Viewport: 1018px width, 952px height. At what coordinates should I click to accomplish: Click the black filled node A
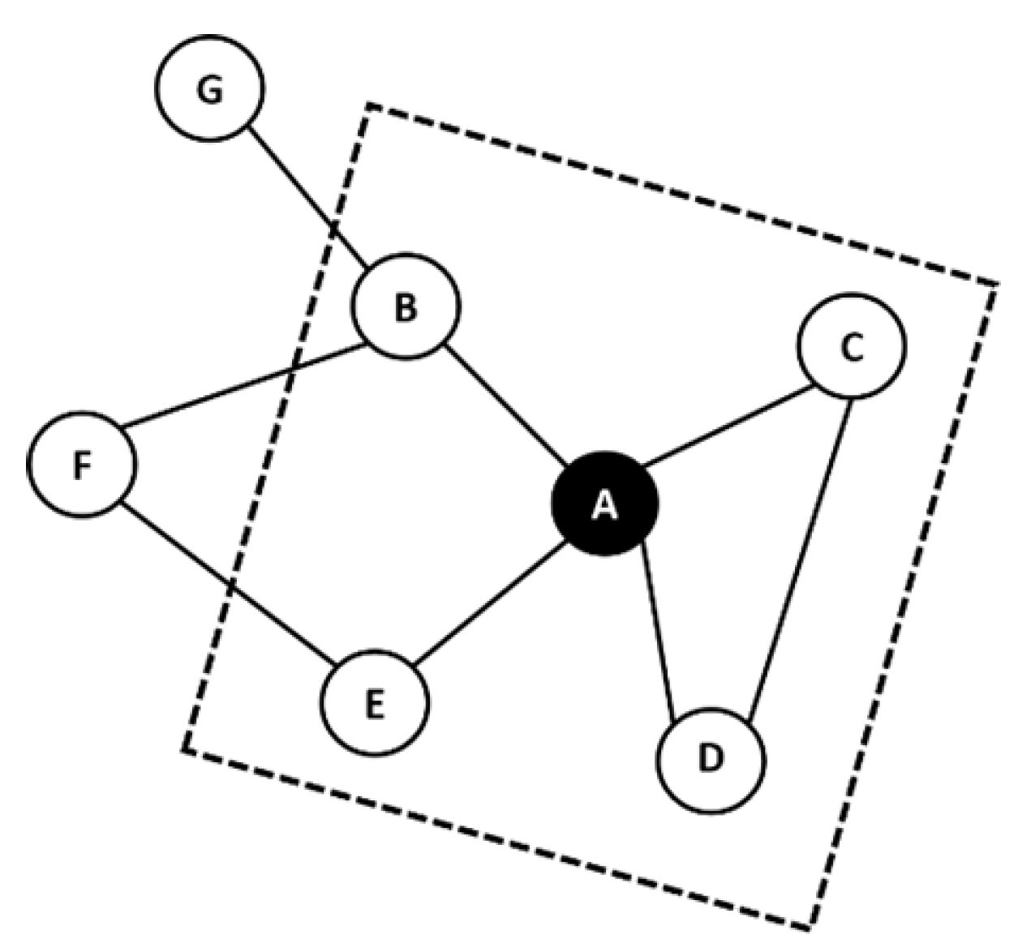tap(604, 503)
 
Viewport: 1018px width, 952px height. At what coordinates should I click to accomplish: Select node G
tap(210, 88)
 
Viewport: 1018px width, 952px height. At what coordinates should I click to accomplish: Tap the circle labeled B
tap(406, 307)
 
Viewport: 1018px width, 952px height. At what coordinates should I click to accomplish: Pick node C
tap(852, 346)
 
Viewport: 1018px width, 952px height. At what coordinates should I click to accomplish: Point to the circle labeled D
tap(711, 760)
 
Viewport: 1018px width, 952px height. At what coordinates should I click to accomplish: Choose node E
tap(375, 702)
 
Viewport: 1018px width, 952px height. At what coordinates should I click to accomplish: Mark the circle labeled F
tap(82, 464)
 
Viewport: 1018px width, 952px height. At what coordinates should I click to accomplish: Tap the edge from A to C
tap(728, 427)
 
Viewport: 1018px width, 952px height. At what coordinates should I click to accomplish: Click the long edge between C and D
tap(800, 556)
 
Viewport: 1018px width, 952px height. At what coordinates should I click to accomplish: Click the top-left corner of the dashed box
tap(369, 105)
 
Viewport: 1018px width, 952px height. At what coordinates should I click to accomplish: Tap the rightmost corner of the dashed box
tap(996, 284)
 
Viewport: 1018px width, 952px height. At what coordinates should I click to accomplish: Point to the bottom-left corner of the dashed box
tap(185, 749)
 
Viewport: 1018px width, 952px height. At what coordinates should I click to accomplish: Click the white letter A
tap(604, 505)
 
